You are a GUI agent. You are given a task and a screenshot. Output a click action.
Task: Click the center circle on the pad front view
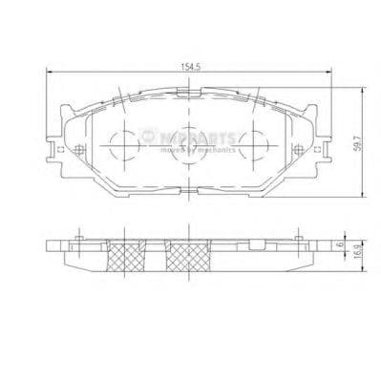[x=187, y=148]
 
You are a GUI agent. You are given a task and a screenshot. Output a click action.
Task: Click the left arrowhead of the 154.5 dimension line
[x=51, y=75]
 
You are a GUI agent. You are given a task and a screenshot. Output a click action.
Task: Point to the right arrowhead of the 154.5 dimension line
[x=327, y=75]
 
